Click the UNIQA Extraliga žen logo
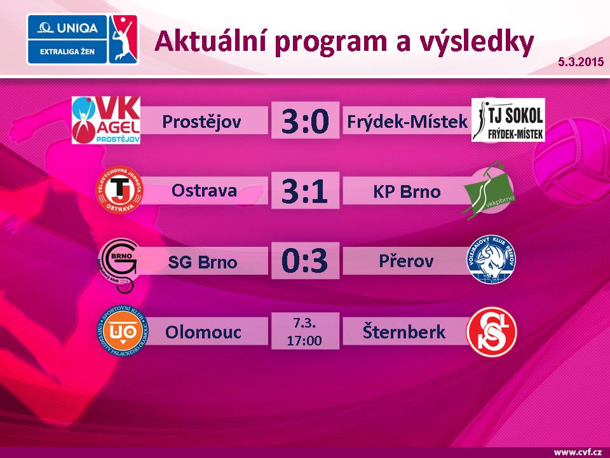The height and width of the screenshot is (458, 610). pos(82,39)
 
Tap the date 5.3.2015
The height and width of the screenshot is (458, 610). pos(580,62)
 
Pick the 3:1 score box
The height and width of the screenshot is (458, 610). pos(305,190)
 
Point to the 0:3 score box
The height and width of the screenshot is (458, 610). pos(305,261)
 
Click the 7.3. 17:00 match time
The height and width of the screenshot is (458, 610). pos(305,331)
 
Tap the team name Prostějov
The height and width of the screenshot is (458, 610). pos(202,121)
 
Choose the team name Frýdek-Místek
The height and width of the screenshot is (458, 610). pos(407,121)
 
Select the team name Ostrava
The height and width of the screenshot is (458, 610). pos(204,191)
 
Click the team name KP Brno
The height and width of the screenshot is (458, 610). pos(407,191)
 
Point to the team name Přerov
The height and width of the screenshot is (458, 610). pos(406,261)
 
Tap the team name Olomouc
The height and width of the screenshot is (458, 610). pos(203,331)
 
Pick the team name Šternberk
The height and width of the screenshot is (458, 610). pos(404,331)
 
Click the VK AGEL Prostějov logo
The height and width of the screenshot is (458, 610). pos(106,120)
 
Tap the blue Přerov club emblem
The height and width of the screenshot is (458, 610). pos(492,260)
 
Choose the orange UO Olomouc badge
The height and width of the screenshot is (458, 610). pos(122,331)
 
